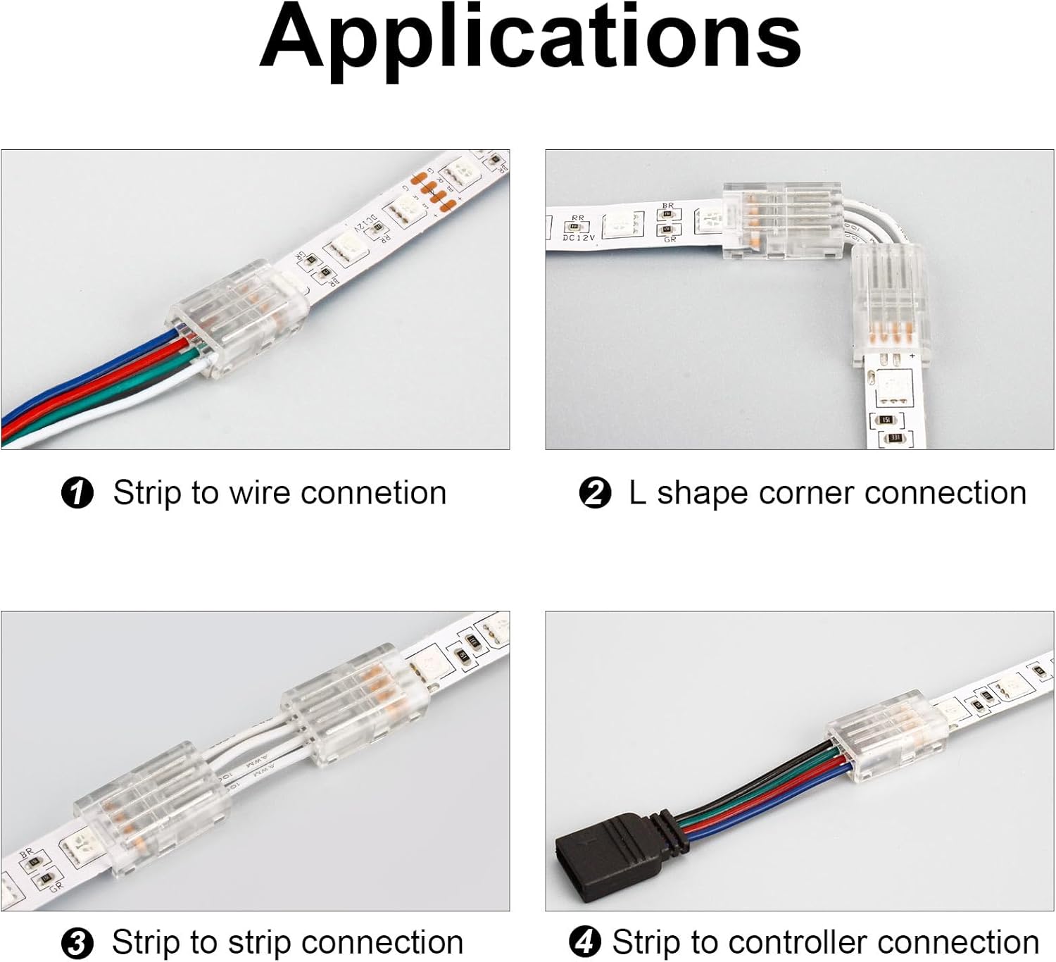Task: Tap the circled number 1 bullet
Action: pyautogui.click(x=77, y=493)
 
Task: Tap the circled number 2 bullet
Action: pyautogui.click(x=595, y=493)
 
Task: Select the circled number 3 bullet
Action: pyautogui.click(x=77, y=943)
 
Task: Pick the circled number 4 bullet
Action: pyautogui.click(x=585, y=943)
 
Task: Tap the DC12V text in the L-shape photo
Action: pyautogui.click(x=579, y=238)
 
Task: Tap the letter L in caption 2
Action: pyautogui.click(x=636, y=493)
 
